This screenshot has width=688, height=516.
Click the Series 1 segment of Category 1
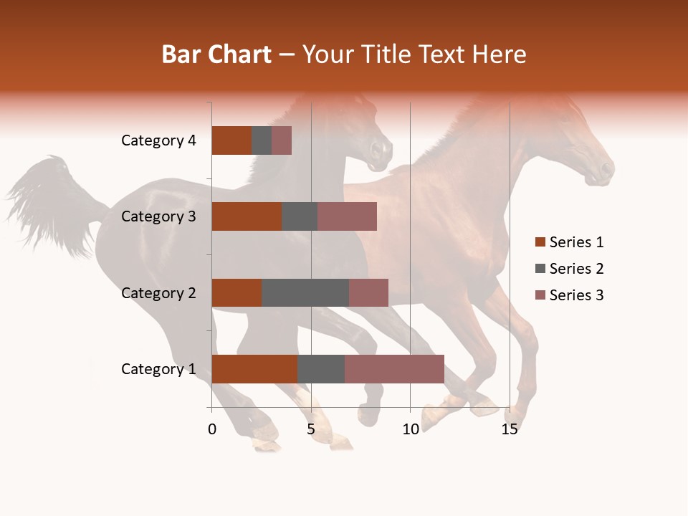(254, 369)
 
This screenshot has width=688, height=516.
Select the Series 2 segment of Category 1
(321, 369)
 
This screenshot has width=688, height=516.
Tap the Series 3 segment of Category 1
(394, 369)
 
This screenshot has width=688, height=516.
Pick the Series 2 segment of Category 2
(305, 292)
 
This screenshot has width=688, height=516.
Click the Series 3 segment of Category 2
(368, 292)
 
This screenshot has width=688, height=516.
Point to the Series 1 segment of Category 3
(247, 216)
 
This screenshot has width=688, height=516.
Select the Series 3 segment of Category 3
(347, 216)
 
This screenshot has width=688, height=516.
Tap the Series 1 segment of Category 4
(231, 140)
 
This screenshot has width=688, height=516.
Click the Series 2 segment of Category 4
(262, 140)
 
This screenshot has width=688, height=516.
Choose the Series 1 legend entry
(575, 242)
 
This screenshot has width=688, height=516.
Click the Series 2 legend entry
(575, 269)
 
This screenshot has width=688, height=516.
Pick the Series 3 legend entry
(575, 295)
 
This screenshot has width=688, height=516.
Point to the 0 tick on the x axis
(212, 429)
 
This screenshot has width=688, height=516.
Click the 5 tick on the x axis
(311, 429)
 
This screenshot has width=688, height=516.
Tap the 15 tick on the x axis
(510, 429)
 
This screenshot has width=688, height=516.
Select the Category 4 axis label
(158, 140)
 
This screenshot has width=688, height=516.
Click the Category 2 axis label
(158, 292)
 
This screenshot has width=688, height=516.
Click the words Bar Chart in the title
(216, 54)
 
